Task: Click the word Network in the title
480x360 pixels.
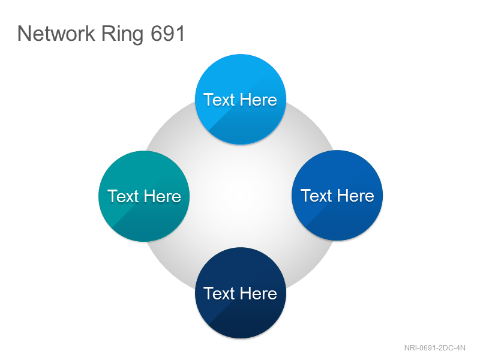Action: click(x=56, y=34)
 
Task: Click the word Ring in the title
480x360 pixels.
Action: click(x=122, y=34)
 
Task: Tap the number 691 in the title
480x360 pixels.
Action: click(x=168, y=34)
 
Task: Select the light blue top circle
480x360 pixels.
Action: click(x=241, y=99)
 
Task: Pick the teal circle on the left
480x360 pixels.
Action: click(x=144, y=196)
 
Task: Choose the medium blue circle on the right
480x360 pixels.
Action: click(x=337, y=196)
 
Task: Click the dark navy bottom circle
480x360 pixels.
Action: click(x=241, y=293)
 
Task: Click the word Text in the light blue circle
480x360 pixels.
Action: click(x=220, y=100)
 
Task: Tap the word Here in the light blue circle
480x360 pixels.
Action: click(x=259, y=100)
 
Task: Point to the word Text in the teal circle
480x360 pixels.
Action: click(x=123, y=196)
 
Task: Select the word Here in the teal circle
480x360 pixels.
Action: click(x=163, y=196)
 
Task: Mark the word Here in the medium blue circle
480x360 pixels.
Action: click(x=356, y=196)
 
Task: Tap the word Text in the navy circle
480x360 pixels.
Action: click(x=220, y=293)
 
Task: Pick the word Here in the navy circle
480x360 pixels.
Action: click(x=259, y=293)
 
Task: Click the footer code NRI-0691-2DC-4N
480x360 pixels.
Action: click(x=434, y=348)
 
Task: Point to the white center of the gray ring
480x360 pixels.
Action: click(x=241, y=196)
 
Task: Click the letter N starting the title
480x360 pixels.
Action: click(x=24, y=34)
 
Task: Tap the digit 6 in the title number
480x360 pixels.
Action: click(x=156, y=34)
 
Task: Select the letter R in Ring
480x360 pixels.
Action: click(x=107, y=34)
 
